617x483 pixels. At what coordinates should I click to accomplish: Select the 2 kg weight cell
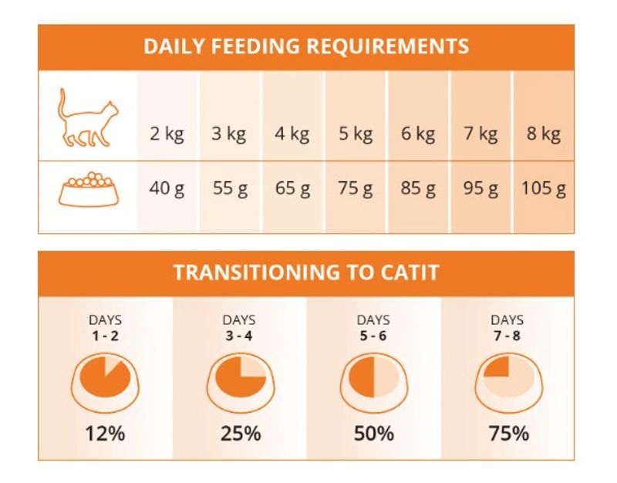pyautogui.click(x=167, y=134)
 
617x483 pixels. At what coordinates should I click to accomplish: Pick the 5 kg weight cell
pyautogui.click(x=356, y=134)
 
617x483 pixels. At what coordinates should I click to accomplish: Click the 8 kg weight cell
pyautogui.click(x=545, y=134)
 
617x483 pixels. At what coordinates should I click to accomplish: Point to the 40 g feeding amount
pyautogui.click(x=167, y=188)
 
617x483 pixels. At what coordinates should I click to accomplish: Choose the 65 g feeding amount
pyautogui.click(x=292, y=188)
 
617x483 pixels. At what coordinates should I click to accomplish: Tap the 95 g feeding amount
pyautogui.click(x=481, y=188)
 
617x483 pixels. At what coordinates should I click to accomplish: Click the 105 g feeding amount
pyautogui.click(x=543, y=188)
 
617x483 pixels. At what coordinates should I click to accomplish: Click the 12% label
pyautogui.click(x=106, y=434)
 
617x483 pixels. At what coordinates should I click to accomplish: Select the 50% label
pyautogui.click(x=374, y=434)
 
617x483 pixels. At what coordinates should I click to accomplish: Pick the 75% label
pyautogui.click(x=508, y=434)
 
